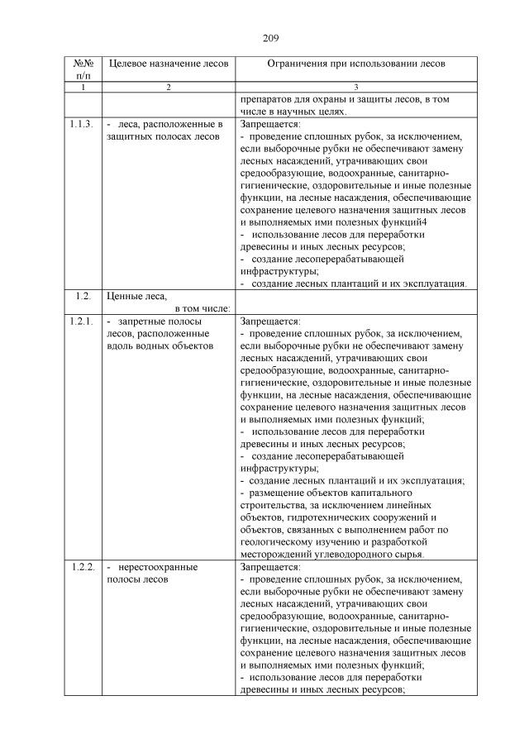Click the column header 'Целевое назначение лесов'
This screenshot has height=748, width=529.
click(163, 63)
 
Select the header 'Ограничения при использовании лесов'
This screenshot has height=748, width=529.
click(355, 63)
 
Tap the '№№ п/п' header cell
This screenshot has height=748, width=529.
click(82, 69)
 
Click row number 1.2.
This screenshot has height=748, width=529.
click(81, 296)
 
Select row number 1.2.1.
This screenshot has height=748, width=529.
click(81, 321)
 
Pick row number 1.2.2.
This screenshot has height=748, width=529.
click(81, 568)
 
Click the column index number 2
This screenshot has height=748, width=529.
click(168, 87)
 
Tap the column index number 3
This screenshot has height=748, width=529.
click(355, 87)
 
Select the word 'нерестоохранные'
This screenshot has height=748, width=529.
click(158, 568)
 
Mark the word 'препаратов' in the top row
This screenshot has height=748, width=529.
click(266, 99)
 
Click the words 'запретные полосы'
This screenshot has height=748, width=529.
click(160, 321)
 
